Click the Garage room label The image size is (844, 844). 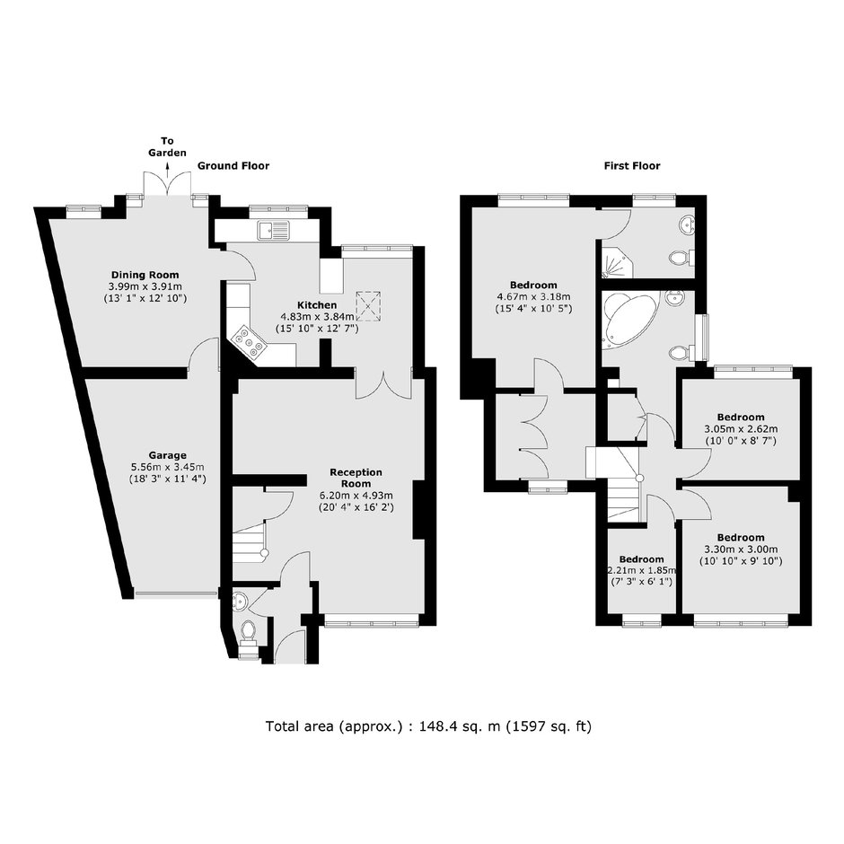pos(168,455)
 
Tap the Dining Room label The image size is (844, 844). pos(145,275)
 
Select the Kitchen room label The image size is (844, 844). pos(317,305)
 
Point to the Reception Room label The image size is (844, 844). pos(356,478)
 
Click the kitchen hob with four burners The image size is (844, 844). pos(248,341)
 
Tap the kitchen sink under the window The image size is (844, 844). pos(274,231)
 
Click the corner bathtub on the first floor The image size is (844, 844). pos(629,319)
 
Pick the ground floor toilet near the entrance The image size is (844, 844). pos(248,631)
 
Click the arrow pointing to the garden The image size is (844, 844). pos(167,171)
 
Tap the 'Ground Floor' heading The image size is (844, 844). pos(233,166)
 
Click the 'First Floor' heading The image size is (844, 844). pos(632,166)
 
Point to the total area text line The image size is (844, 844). pos(428,726)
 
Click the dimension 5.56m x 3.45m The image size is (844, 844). pos(168,467)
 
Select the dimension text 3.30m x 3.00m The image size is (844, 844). pos(741,549)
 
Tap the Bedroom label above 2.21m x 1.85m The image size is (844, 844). pos(641,559)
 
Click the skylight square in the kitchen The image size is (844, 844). pos(369,307)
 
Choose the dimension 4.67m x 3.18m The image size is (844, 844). pos(533,296)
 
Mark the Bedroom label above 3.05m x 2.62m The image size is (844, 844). pos(741,418)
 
